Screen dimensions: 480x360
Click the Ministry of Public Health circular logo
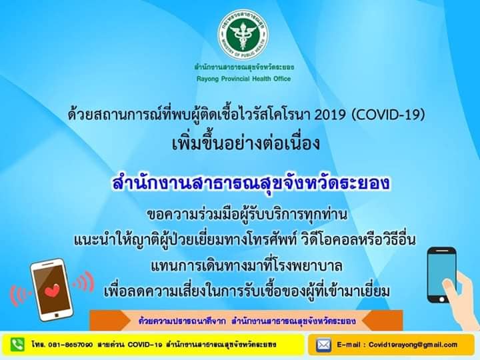pyautogui.click(x=243, y=34)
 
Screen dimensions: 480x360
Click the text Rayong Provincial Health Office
pyautogui.click(x=244, y=79)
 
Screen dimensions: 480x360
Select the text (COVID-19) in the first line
pyautogui.click(x=388, y=115)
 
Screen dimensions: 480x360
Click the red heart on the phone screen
pyautogui.click(x=52, y=291)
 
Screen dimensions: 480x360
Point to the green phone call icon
pyautogui.click(x=17, y=345)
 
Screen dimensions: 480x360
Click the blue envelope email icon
pyautogui.click(x=323, y=345)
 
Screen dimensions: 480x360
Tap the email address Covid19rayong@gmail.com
pyautogui.click(x=413, y=345)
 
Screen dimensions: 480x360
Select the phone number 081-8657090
pyautogui.click(x=71, y=345)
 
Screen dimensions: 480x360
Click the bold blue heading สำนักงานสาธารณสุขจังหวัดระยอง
pyautogui.click(x=251, y=184)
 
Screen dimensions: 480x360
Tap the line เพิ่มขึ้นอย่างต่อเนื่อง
pyautogui.click(x=246, y=144)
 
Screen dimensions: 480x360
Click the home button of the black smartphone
pyautogui.click(x=442, y=299)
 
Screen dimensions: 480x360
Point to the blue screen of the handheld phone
pyautogui.click(x=442, y=274)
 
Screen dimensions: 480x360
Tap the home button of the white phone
pyautogui.click(x=57, y=315)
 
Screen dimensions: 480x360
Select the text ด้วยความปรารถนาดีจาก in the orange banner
pyautogui.click(x=182, y=321)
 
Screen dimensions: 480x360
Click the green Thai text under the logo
pyautogui.click(x=244, y=67)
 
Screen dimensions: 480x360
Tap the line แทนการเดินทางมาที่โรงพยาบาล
pyautogui.click(x=247, y=266)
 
